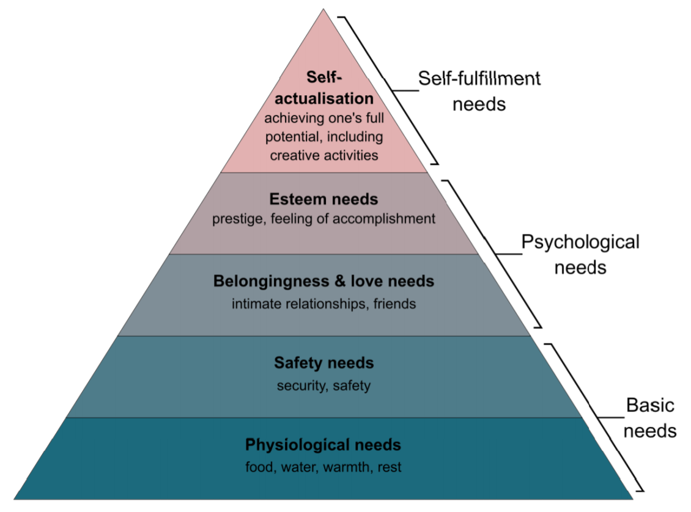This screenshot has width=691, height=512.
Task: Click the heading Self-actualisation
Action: (323, 89)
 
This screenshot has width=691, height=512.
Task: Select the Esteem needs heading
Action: (323, 199)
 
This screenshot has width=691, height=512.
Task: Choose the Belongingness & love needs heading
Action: (323, 282)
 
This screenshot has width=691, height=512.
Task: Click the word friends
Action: (396, 303)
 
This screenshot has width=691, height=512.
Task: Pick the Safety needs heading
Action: (323, 363)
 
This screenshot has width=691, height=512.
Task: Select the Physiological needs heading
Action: (323, 444)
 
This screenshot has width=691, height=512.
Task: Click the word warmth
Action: (348, 467)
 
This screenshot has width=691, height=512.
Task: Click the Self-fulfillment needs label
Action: (479, 90)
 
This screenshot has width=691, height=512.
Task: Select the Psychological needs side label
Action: (580, 254)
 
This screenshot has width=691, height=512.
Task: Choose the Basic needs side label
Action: (650, 418)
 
